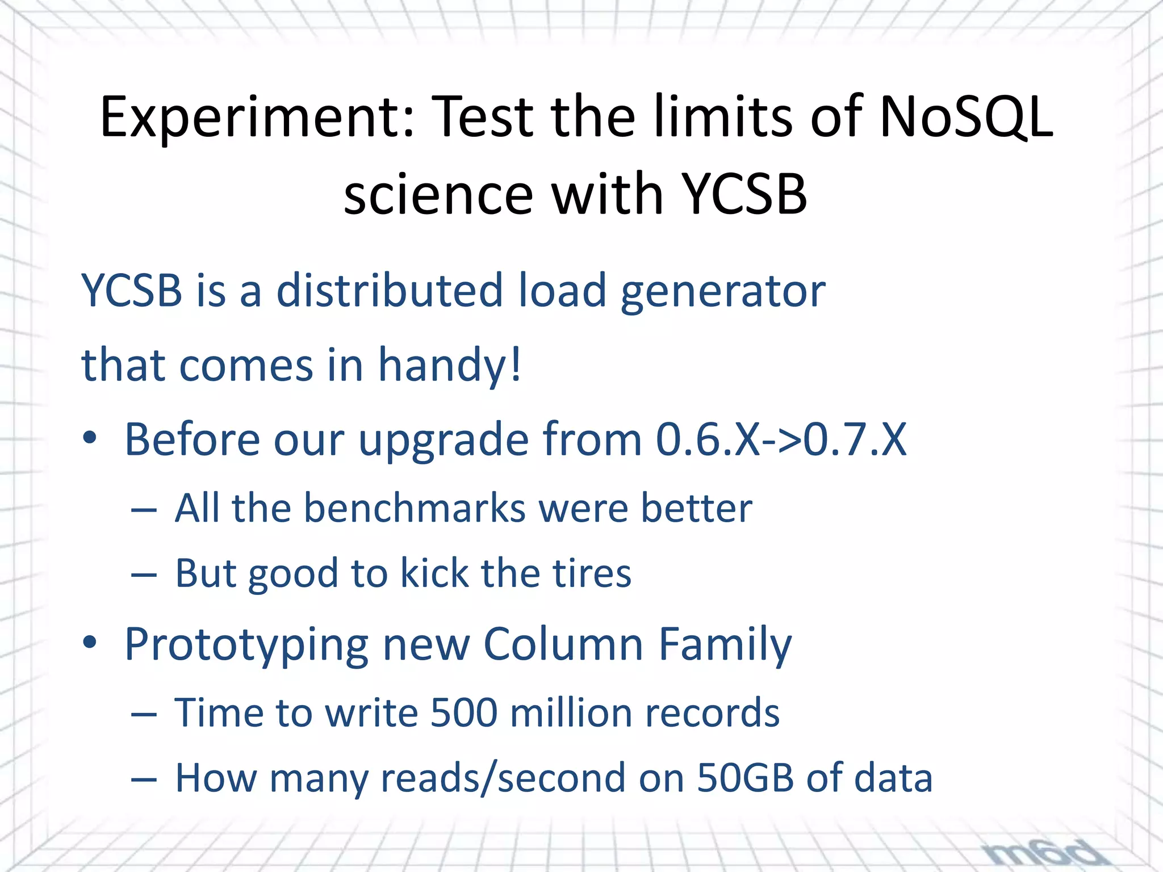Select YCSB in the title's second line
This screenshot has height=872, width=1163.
pos(743,194)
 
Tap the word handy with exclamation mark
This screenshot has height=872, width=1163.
pos(449,365)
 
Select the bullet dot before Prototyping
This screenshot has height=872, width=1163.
pos(90,644)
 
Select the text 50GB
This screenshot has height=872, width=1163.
pos(744,777)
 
